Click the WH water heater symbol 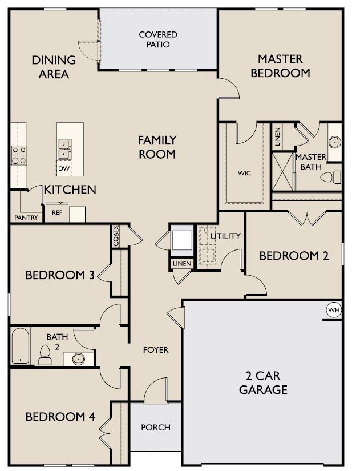coord(333,310)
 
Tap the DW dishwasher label coord(63,168)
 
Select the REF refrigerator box coord(57,212)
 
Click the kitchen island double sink coord(63,150)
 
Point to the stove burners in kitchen coord(19,155)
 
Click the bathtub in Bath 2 coord(20,346)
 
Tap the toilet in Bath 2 coord(45,355)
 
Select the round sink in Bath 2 coord(78,359)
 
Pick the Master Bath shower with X coord(282,171)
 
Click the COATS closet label coord(116,236)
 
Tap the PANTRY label coord(26,218)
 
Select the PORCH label coord(156,427)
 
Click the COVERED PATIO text coord(158,39)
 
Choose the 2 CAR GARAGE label coord(263,384)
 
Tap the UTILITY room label coord(225,236)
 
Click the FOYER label coord(156,349)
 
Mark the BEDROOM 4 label coord(60,417)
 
